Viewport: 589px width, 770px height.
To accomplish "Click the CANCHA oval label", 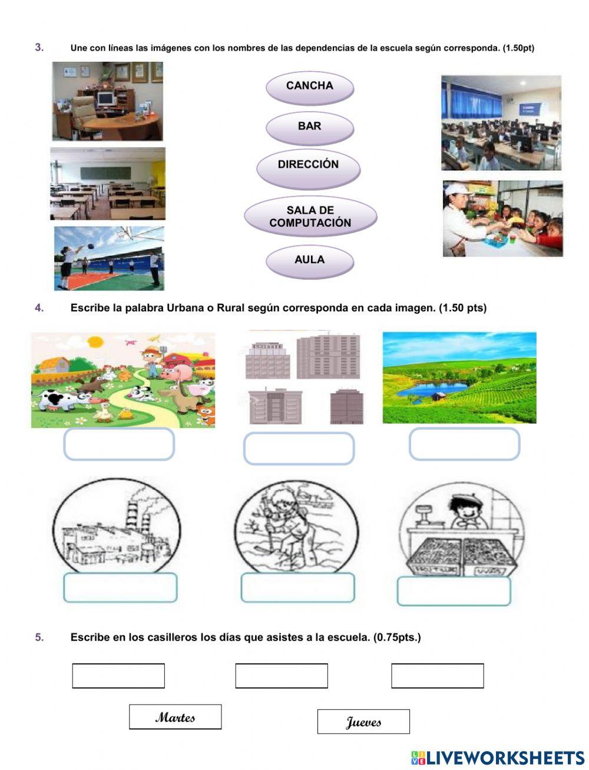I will [x=310, y=87].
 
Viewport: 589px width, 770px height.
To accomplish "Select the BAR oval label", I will [x=310, y=127].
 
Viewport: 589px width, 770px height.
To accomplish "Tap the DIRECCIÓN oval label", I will [x=308, y=165].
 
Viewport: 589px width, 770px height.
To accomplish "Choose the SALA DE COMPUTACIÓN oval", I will [x=310, y=217].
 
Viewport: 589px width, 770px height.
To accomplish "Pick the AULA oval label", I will [x=310, y=260].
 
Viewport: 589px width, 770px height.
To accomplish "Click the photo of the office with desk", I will [x=107, y=101].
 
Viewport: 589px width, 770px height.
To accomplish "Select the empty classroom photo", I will [x=108, y=184].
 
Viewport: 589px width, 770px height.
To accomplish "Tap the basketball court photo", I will [x=109, y=258].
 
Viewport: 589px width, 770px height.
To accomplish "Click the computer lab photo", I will [x=501, y=122].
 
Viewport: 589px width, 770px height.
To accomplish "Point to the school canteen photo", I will [x=502, y=218].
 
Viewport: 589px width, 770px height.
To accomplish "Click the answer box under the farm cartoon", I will [x=119, y=444].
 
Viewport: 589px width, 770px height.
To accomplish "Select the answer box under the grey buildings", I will [x=299, y=449].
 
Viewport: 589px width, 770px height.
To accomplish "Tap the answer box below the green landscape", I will [x=464, y=444].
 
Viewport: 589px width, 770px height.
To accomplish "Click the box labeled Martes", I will [x=176, y=717].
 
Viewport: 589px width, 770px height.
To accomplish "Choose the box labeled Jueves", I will [x=363, y=722].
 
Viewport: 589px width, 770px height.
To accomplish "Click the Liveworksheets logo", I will [x=497, y=757].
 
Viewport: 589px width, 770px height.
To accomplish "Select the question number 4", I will [x=39, y=308].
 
